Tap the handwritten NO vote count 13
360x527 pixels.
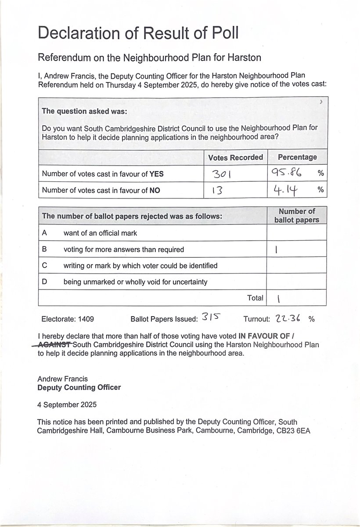[x=218, y=191]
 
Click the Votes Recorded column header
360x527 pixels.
[x=235, y=157]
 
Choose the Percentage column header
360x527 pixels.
[x=297, y=157]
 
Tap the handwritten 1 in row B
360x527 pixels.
[x=276, y=250]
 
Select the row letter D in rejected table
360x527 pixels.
[x=44, y=282]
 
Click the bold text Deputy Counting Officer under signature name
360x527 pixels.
[x=79, y=387]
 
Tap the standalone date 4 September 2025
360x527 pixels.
[x=67, y=404]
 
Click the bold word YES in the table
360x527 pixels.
[x=156, y=174]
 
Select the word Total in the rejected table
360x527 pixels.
[x=255, y=298]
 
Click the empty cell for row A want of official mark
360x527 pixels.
[x=296, y=232]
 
